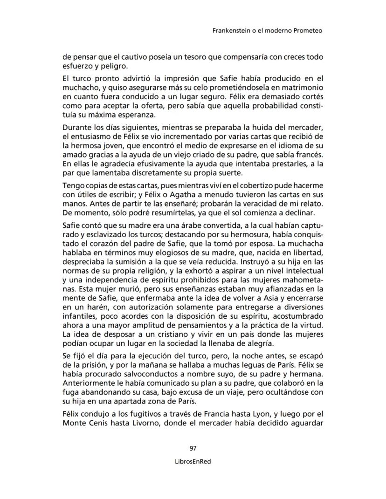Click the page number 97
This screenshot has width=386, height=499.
tap(193, 448)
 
